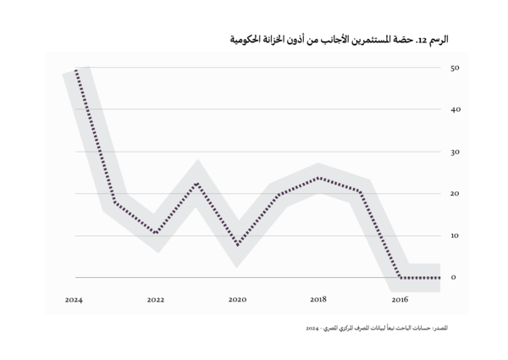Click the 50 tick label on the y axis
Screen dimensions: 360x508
454,68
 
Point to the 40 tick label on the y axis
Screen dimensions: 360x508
454,110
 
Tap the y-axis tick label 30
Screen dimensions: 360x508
454,152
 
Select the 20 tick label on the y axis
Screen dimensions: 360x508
454,194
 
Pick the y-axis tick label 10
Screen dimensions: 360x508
454,235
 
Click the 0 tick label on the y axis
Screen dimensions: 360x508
455,278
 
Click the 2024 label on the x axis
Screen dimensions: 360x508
74,300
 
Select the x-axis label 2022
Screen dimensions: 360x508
155,300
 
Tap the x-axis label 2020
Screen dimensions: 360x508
237,300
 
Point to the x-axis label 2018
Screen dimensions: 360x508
318,300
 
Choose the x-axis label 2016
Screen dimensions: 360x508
400,300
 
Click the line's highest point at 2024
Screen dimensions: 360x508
76,70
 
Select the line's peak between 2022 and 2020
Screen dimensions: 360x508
196,183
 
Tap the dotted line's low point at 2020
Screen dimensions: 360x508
237,245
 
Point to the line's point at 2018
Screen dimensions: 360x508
318,178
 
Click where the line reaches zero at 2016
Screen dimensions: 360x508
400,277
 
